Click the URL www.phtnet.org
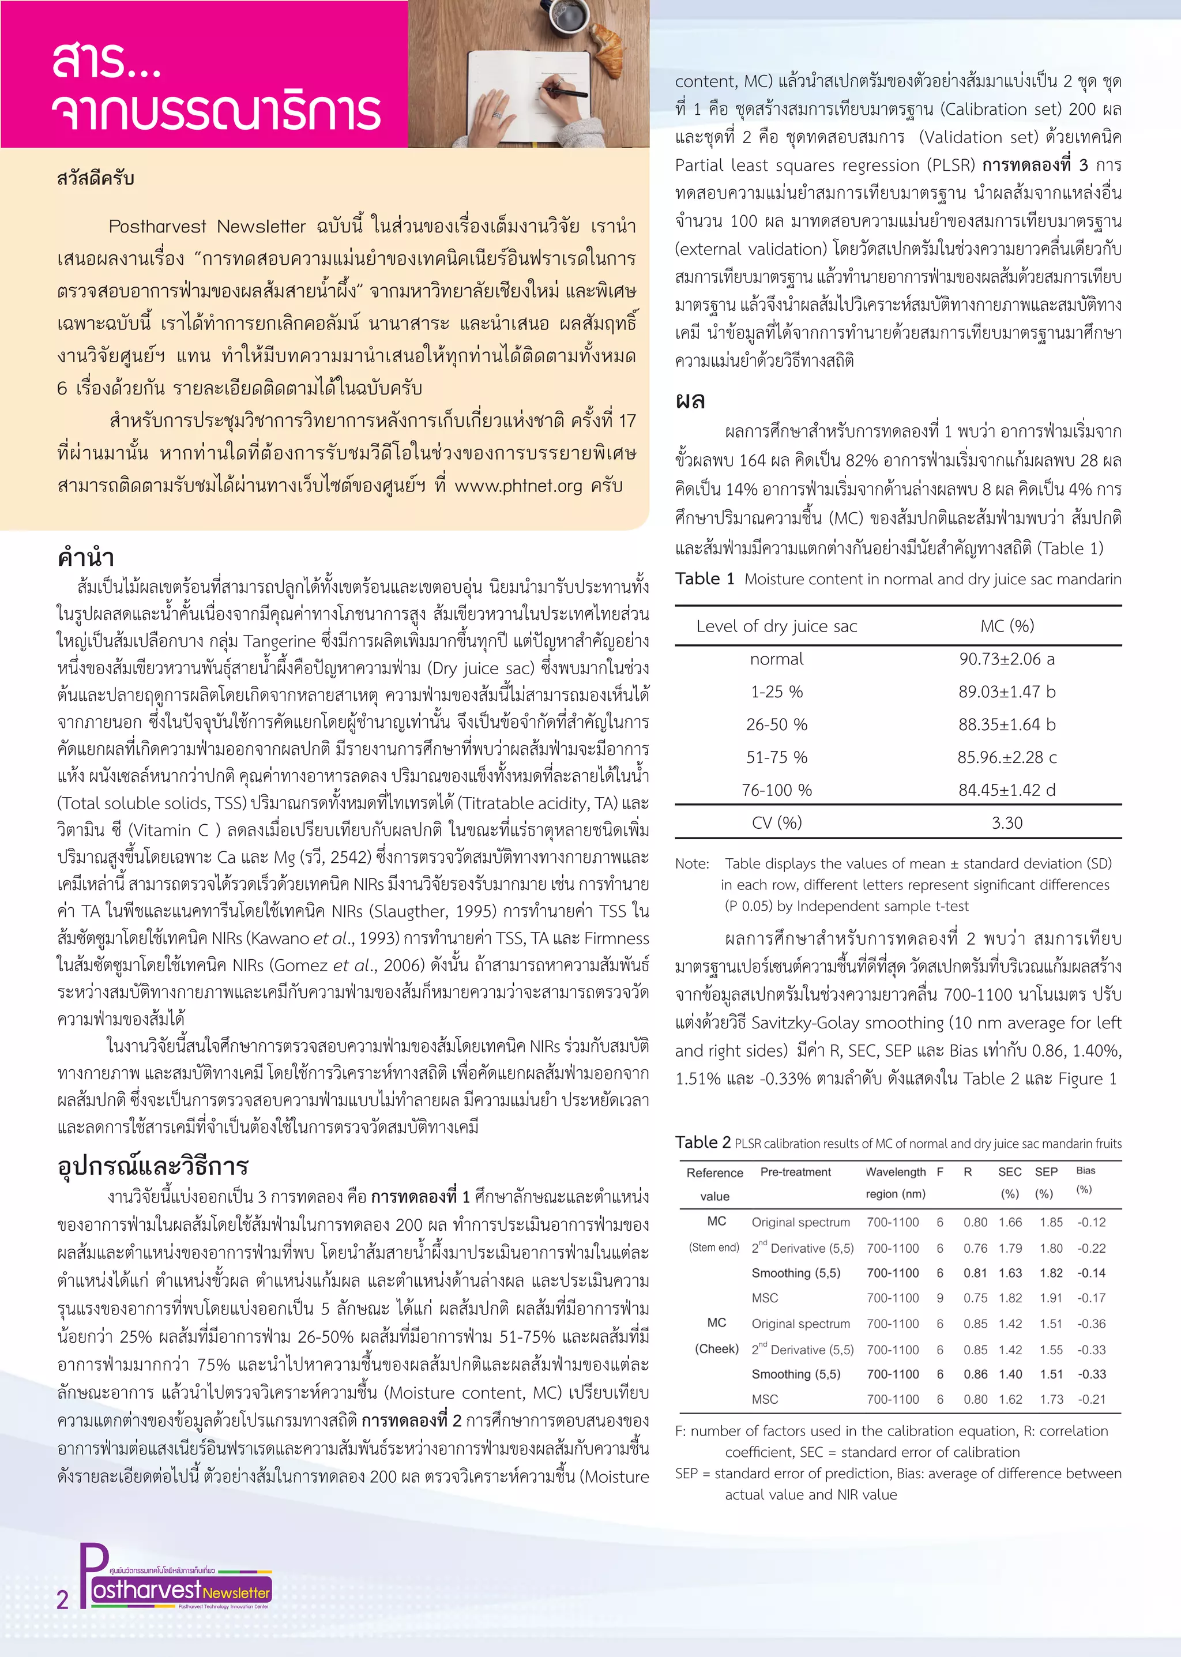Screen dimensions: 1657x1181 coord(518,485)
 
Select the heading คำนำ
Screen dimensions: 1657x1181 coord(86,557)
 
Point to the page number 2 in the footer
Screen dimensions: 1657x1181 coord(62,1599)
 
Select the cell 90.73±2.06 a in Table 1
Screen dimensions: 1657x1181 coord(1006,659)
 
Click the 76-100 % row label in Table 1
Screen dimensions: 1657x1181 coord(776,790)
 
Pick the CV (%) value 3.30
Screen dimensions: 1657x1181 coord(1006,822)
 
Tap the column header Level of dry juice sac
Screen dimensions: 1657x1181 coord(776,626)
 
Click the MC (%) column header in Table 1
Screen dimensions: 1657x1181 coord(1006,626)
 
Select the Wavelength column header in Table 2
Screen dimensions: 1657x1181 coord(895,1172)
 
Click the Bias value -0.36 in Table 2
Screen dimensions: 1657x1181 coord(1091,1324)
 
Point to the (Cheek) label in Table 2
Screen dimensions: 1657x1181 coord(716,1348)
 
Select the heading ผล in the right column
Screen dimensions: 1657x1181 coord(690,400)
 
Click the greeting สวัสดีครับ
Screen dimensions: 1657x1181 coord(95,178)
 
